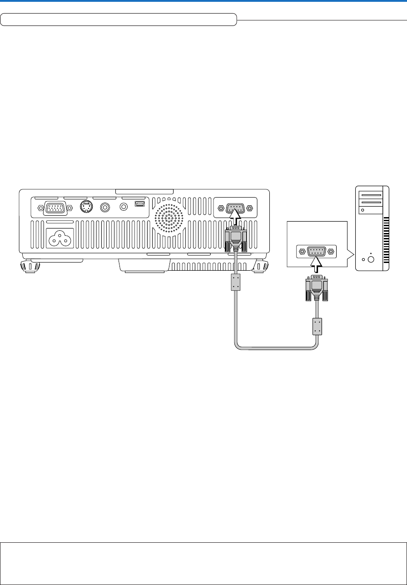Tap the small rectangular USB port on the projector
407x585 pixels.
(x=139, y=206)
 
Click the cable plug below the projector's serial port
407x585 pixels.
(x=235, y=241)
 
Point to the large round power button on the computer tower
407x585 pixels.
(x=370, y=260)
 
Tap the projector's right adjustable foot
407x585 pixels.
(x=260, y=266)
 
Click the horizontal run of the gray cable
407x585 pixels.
(x=275, y=348)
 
